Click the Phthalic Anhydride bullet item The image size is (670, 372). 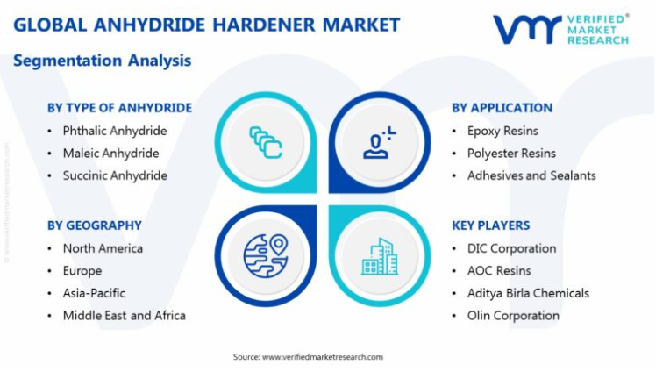click(115, 131)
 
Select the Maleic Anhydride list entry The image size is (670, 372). click(110, 153)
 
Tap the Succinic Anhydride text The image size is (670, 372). click(115, 175)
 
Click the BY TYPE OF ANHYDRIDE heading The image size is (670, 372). click(119, 108)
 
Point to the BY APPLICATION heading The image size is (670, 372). click(502, 108)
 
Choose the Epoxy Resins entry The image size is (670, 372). click(502, 131)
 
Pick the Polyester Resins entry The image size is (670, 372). click(511, 153)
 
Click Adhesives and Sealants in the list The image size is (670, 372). click(531, 175)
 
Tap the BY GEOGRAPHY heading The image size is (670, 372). click(95, 225)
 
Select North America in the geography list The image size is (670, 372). click(103, 248)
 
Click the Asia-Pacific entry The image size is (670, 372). click(94, 293)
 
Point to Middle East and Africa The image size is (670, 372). click(125, 316)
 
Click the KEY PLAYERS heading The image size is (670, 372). click(491, 225)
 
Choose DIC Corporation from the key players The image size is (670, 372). click(511, 248)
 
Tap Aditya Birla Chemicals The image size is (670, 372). click(528, 293)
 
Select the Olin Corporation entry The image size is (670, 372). click(513, 316)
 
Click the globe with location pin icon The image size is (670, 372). click(266, 255)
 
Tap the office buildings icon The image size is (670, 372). click(380, 256)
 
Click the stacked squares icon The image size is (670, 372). click(266, 142)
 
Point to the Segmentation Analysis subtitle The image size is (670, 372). click(102, 61)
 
